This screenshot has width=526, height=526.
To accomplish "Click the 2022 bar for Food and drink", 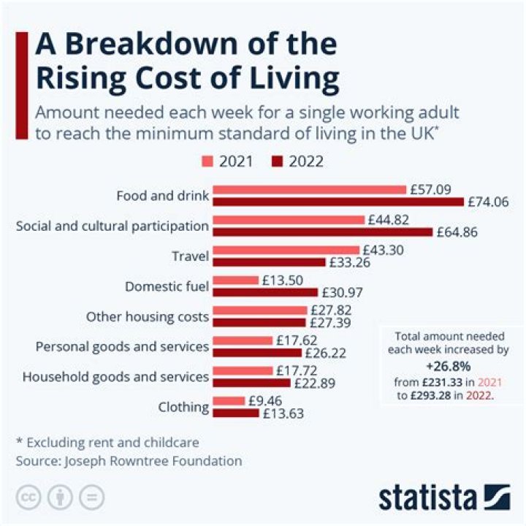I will tap(338, 202).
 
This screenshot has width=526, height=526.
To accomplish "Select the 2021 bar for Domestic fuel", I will tap(235, 280).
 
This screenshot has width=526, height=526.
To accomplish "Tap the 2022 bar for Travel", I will tap(268, 262).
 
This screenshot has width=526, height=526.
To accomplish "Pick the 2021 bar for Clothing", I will tap(228, 401).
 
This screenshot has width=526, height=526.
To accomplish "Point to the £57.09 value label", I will tap(430, 189).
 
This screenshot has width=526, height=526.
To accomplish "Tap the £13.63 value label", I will tap(282, 413).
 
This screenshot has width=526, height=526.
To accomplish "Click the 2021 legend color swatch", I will tap(209, 161).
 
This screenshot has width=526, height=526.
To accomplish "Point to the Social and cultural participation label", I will tap(112, 226).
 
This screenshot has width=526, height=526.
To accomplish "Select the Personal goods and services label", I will tap(122, 346).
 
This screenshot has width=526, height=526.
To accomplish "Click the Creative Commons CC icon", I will tap(26, 497).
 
